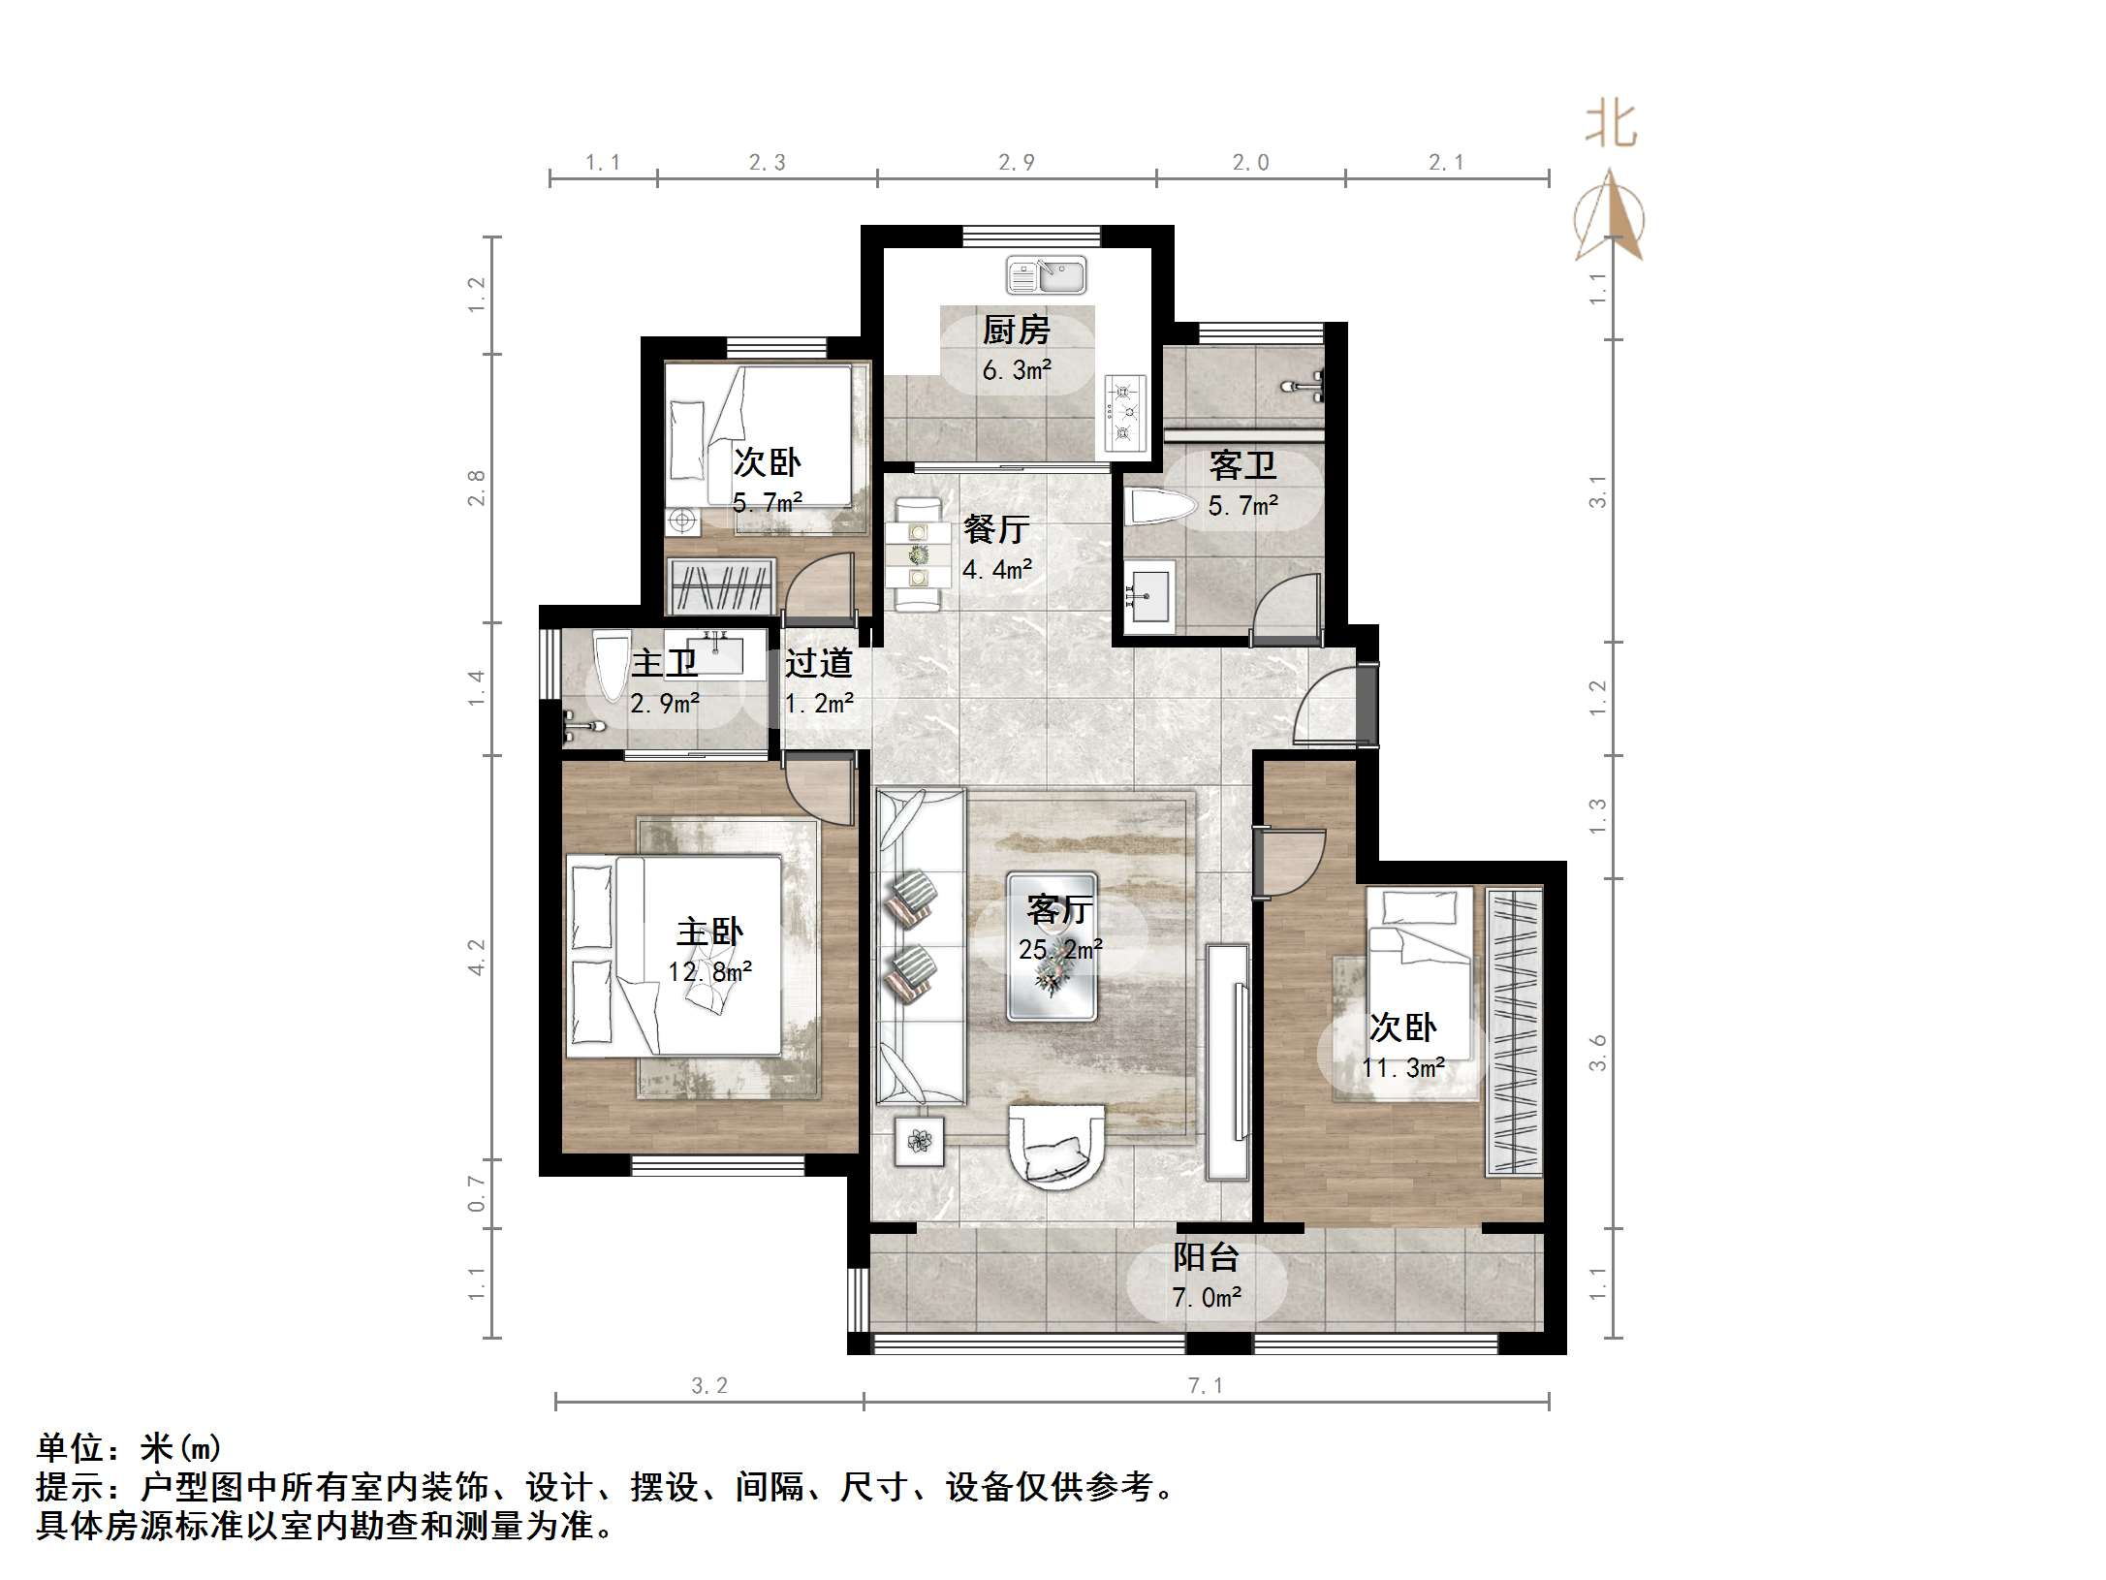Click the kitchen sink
click(1047, 274)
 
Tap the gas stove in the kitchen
click(1125, 415)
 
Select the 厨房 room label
click(1017, 331)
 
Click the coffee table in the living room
click(1052, 946)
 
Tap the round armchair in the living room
click(1055, 1145)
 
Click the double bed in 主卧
click(674, 955)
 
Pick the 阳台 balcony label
click(1207, 1257)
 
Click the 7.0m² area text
click(1207, 1297)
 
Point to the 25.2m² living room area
click(1060, 949)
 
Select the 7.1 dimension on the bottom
click(1206, 1386)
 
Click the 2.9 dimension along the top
click(1017, 163)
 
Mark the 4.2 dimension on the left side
click(476, 957)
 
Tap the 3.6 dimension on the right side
click(1597, 1053)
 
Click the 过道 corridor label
click(819, 663)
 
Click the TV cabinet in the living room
click(1228, 1061)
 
